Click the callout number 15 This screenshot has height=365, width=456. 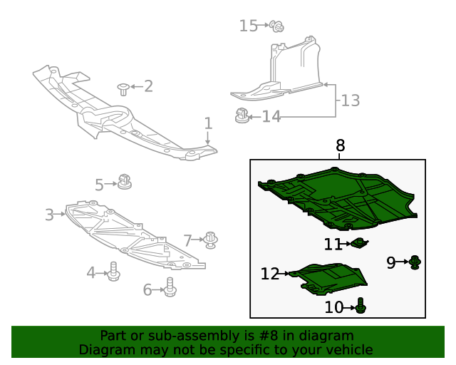pos(248,26)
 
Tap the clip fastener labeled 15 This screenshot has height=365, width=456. pos(278,27)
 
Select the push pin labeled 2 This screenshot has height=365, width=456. pos(124,88)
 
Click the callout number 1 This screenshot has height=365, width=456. pos(208,123)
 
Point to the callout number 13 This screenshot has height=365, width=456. pos(350,101)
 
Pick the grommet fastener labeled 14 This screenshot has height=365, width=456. pos(242,114)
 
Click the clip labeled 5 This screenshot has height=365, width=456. pos(125,180)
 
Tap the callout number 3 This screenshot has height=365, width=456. pos(49,215)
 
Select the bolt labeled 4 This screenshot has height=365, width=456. pos(113,272)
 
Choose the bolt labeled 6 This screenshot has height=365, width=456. pos(170,287)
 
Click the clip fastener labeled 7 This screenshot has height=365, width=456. pos(212,240)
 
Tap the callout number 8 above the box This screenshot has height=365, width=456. pos(340,145)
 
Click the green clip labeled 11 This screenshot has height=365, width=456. pos(360,244)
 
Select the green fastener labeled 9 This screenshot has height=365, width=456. pos(415,263)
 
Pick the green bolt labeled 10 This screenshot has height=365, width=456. pos(361,307)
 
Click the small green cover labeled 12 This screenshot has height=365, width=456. pos(331,278)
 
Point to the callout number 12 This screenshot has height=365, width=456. pos(270,274)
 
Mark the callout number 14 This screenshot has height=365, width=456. pos(271,116)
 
